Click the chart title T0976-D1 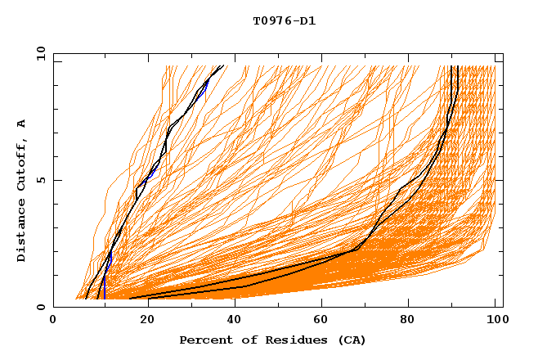coord(284,21)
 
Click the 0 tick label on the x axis coord(53,321)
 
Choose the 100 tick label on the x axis coord(495,321)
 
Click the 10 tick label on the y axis coord(39,53)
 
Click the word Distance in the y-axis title coord(22,234)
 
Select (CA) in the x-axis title coord(349,340)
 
